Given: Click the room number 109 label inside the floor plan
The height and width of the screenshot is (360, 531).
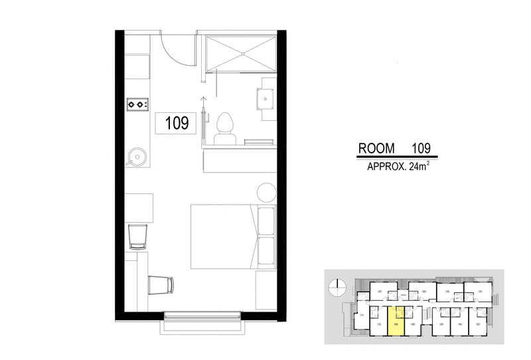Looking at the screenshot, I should click(176, 123).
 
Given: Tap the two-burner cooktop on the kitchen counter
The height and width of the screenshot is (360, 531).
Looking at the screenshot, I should click(138, 104).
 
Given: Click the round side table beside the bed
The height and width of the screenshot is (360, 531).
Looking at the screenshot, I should click(267, 192).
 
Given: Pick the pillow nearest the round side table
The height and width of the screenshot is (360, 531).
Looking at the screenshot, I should click(266, 221).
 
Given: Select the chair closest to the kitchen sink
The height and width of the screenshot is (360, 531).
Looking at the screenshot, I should click(139, 236).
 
